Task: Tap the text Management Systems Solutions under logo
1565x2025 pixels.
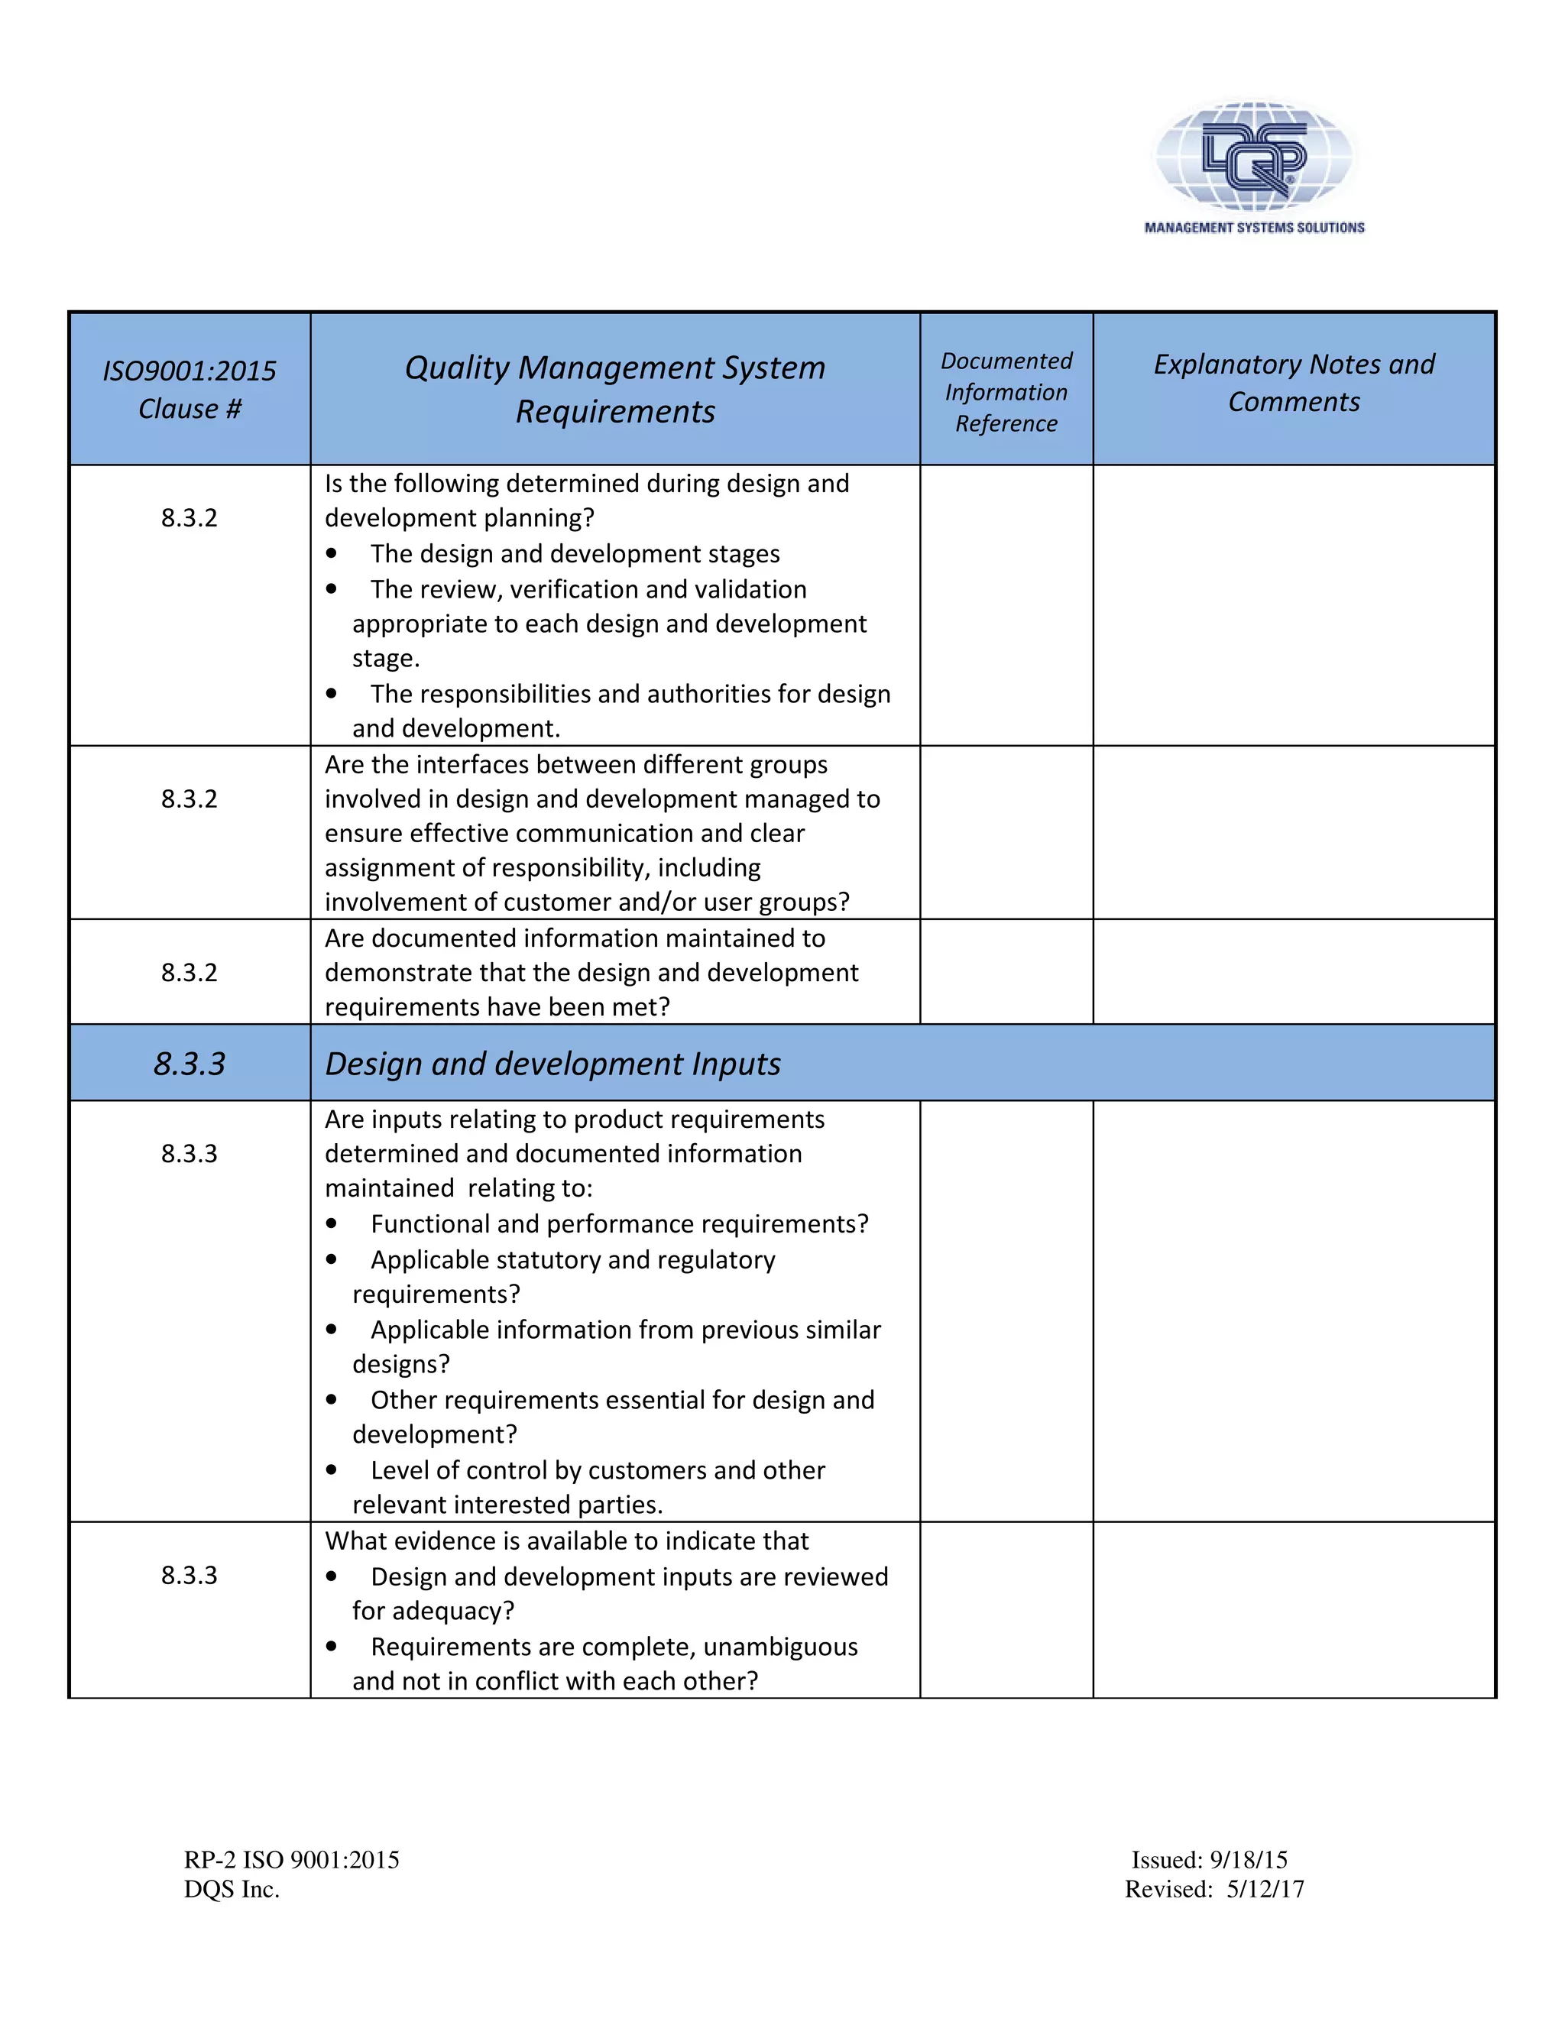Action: [1253, 227]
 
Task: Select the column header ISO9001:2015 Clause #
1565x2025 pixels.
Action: [190, 390]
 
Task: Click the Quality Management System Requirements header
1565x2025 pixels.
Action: [614, 390]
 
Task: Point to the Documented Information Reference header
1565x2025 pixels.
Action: [1006, 391]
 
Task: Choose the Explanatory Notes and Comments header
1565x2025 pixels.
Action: [1294, 382]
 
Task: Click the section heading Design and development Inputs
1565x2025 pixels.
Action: [552, 1064]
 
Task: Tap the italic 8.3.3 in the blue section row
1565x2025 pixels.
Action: [190, 1064]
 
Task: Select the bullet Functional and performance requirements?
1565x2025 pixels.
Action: [619, 1224]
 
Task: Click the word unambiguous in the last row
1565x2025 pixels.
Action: [781, 1647]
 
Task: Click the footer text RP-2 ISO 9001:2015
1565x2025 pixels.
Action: [291, 1860]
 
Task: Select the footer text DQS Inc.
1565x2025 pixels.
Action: [232, 1890]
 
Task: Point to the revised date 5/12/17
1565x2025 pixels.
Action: [1265, 1890]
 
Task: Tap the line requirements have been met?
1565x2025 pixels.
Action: [497, 1007]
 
